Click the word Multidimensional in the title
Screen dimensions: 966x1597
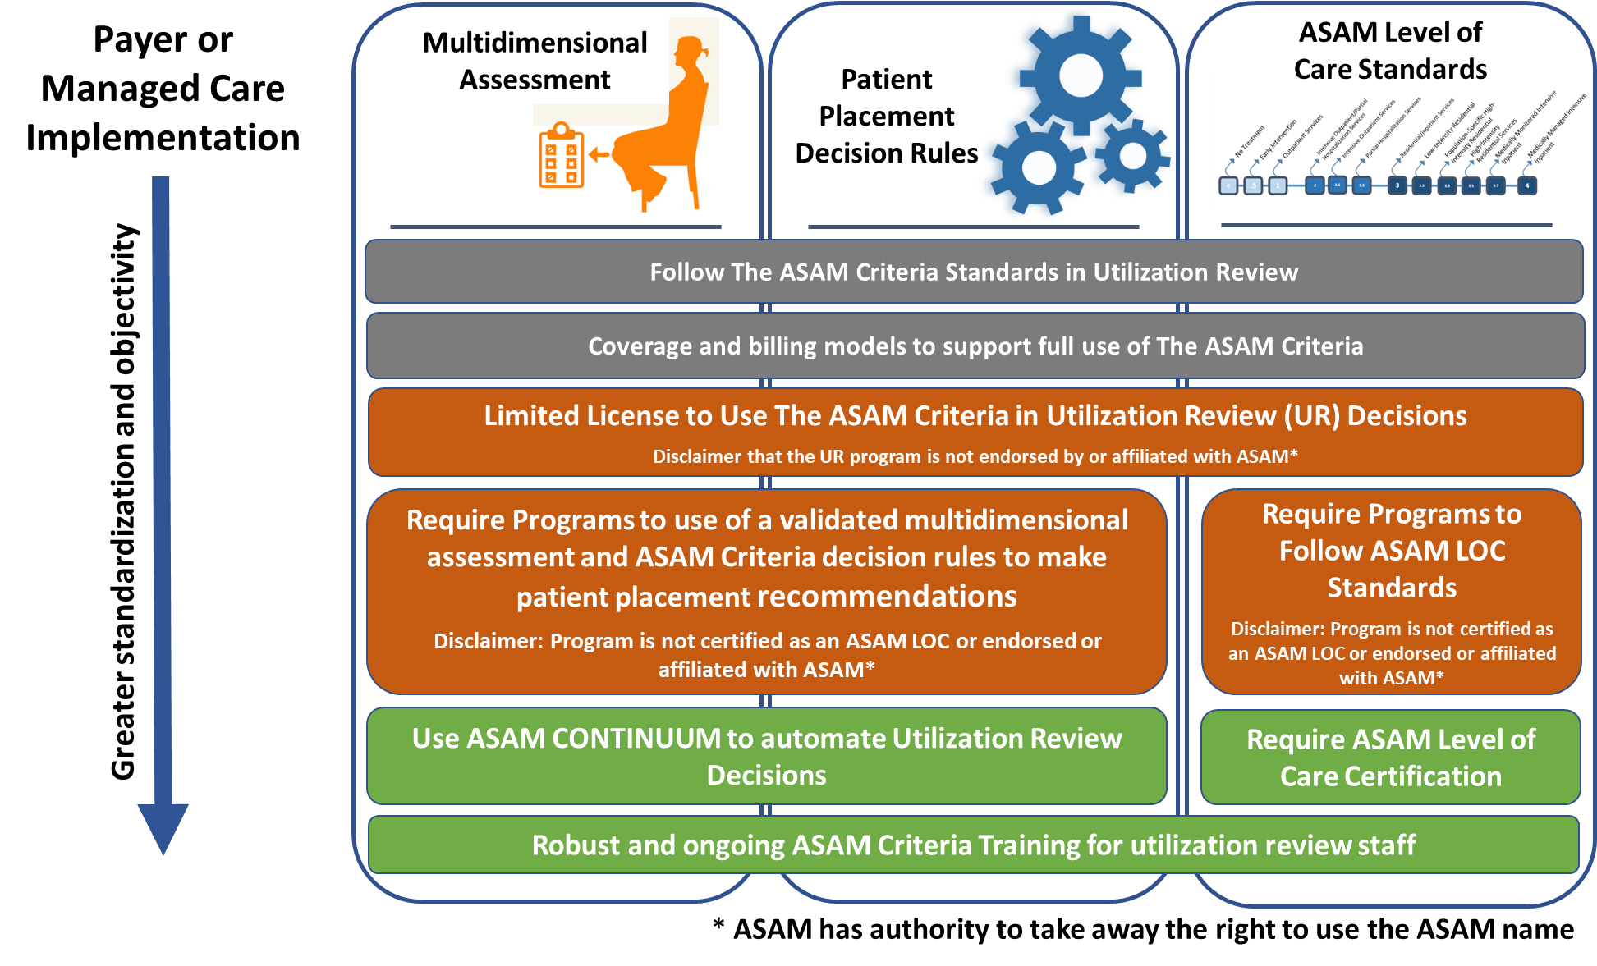[x=535, y=43]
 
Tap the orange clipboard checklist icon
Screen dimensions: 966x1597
[x=562, y=157]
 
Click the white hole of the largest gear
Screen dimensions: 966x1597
[x=1081, y=76]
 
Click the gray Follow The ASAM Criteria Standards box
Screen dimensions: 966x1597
[x=974, y=272]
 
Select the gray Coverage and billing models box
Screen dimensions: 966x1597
[x=975, y=346]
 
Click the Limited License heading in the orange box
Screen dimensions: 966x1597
[x=975, y=416]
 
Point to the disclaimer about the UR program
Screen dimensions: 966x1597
[x=975, y=456]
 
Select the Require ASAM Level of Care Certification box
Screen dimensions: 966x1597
[x=1390, y=757]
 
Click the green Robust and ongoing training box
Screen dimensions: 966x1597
[x=973, y=845]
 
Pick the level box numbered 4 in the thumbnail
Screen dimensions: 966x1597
[x=1527, y=185]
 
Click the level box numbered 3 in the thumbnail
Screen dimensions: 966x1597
[x=1397, y=185]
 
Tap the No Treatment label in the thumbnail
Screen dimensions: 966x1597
[x=1249, y=141]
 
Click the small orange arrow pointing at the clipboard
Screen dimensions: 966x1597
[x=599, y=154]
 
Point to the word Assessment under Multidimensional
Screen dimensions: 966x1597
[x=535, y=80]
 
